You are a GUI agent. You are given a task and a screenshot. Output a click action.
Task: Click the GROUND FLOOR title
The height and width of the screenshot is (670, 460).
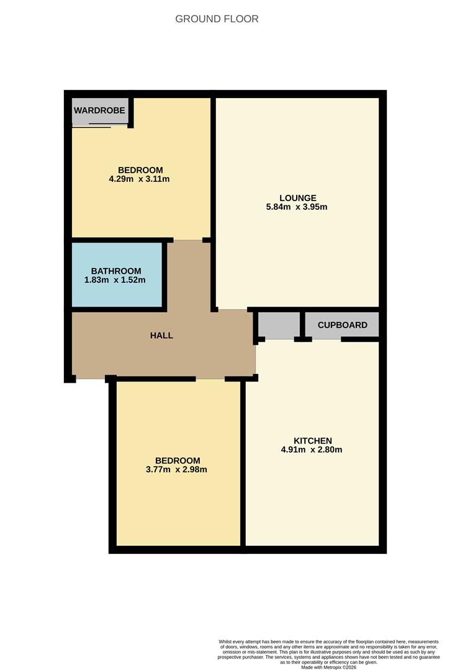click(217, 19)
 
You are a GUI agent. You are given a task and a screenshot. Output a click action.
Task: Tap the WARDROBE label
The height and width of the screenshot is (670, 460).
click(100, 111)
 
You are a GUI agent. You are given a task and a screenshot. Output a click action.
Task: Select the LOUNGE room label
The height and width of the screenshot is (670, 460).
click(297, 198)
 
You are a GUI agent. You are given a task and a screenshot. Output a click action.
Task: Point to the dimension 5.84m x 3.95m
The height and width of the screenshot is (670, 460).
click(296, 207)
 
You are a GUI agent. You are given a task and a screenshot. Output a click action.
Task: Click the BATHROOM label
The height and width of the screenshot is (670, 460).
click(115, 271)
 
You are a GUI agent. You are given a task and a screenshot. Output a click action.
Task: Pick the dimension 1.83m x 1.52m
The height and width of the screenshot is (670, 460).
click(115, 280)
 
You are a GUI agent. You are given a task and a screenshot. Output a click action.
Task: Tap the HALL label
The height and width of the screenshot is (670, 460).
click(161, 336)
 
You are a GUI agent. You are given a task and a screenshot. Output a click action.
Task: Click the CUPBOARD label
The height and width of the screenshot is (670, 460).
click(342, 325)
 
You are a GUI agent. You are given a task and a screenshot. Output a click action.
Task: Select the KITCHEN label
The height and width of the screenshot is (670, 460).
click(312, 441)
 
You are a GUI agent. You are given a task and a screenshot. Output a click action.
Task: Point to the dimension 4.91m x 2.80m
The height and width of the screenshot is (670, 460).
click(312, 450)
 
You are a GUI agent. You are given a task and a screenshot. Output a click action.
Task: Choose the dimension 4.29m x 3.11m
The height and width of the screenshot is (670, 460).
click(139, 179)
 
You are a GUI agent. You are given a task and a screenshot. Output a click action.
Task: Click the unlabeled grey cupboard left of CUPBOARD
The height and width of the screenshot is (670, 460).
click(278, 324)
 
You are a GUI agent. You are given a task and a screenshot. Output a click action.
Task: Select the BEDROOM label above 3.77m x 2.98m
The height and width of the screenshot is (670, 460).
click(178, 460)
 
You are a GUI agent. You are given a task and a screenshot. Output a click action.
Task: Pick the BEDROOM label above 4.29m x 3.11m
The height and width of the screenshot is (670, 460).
click(140, 170)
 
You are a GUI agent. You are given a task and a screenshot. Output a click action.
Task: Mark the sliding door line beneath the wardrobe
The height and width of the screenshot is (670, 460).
click(99, 126)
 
